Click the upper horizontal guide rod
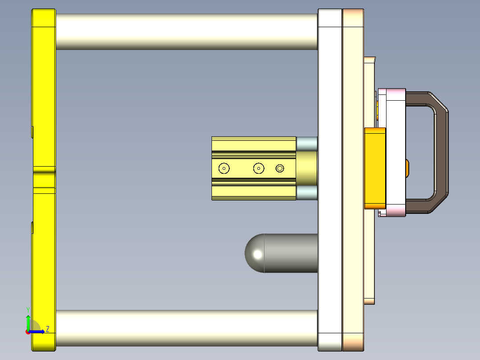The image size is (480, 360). pos(187,32)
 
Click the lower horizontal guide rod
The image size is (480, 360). pos(187,328)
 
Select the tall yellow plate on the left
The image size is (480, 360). pos(44,180)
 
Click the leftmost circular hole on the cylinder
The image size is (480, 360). pos(224,168)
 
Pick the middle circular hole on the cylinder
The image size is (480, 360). pos(259,168)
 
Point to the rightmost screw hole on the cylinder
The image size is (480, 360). pos(280,168)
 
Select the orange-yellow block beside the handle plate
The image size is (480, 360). pos(375,168)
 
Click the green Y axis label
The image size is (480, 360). pos(28,310)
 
